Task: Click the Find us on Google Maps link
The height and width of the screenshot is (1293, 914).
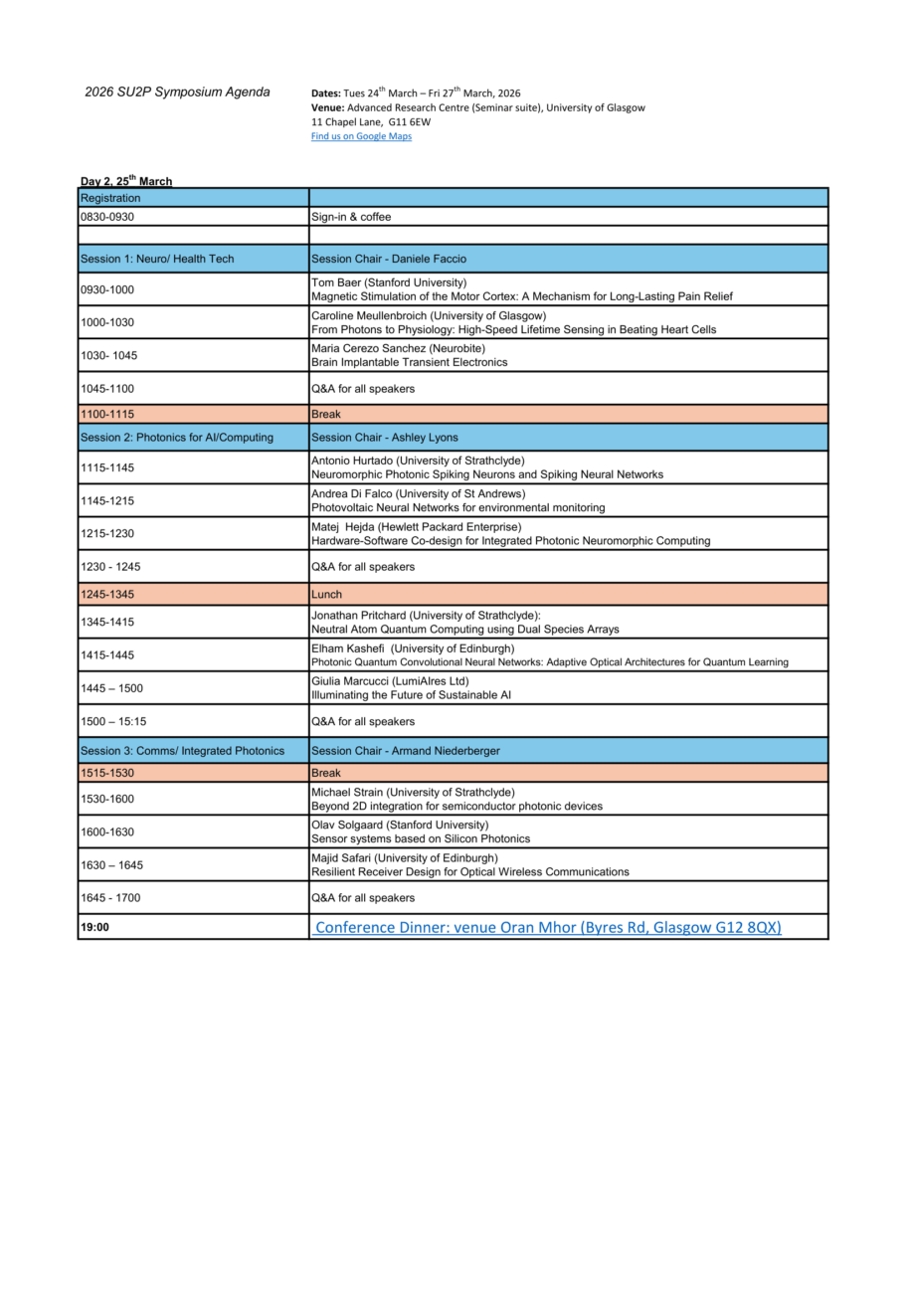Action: [x=361, y=136]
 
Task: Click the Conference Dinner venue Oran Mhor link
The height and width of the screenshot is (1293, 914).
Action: [x=548, y=927]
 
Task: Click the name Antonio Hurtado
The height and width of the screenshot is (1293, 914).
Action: [x=350, y=461]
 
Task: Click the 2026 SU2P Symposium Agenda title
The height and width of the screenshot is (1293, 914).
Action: [x=177, y=92]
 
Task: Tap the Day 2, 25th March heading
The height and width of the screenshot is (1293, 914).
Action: [x=126, y=181]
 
